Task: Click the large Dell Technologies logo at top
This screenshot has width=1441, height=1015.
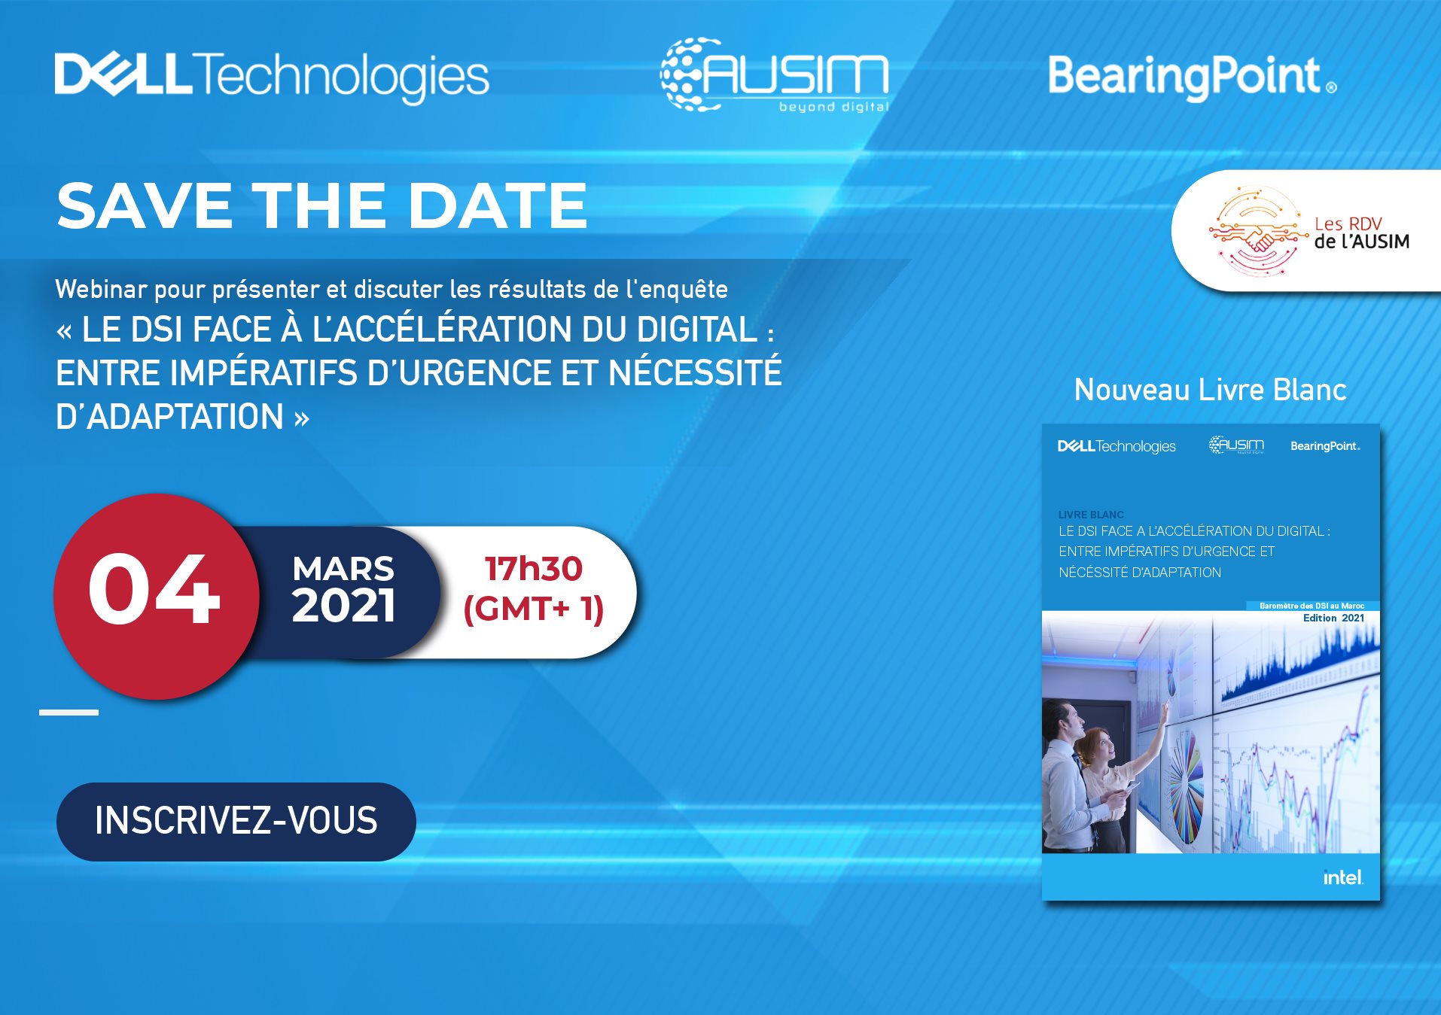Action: tap(272, 77)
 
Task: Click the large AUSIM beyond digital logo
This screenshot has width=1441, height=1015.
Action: tap(775, 75)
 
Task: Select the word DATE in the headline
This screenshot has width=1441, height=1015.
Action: tap(498, 205)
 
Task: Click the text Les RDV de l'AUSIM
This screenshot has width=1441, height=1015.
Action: tap(1362, 232)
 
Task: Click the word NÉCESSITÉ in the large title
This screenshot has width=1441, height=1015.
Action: tap(695, 373)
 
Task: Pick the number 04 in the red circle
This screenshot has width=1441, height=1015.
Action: tap(154, 589)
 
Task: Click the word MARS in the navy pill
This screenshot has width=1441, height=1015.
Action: tap(343, 569)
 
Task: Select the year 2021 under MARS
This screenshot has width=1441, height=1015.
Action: tap(343, 606)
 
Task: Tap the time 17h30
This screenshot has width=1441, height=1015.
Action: tap(534, 569)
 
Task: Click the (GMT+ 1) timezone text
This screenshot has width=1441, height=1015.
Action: tap(534, 609)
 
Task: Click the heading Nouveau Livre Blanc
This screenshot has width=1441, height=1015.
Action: tap(1211, 390)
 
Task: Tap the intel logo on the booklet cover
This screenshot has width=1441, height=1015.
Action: tap(1343, 877)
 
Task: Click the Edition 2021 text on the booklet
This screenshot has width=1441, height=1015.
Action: tap(1333, 618)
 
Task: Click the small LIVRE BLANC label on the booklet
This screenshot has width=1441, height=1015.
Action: tap(1091, 515)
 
